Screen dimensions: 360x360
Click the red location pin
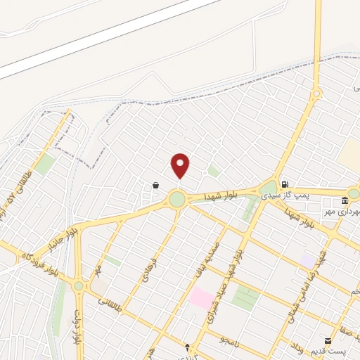pyautogui.click(x=180, y=165)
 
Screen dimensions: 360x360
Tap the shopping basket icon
pyautogui.click(x=155, y=185)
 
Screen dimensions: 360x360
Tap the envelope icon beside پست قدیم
pyautogui.click(x=328, y=340)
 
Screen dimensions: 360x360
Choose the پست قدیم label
pyautogui.click(x=341, y=351)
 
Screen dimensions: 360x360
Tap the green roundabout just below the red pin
pyautogui.click(x=177, y=200)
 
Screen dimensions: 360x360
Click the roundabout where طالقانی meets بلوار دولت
pyautogui.click(x=78, y=286)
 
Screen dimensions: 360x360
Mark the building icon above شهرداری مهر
pyautogui.click(x=353, y=193)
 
